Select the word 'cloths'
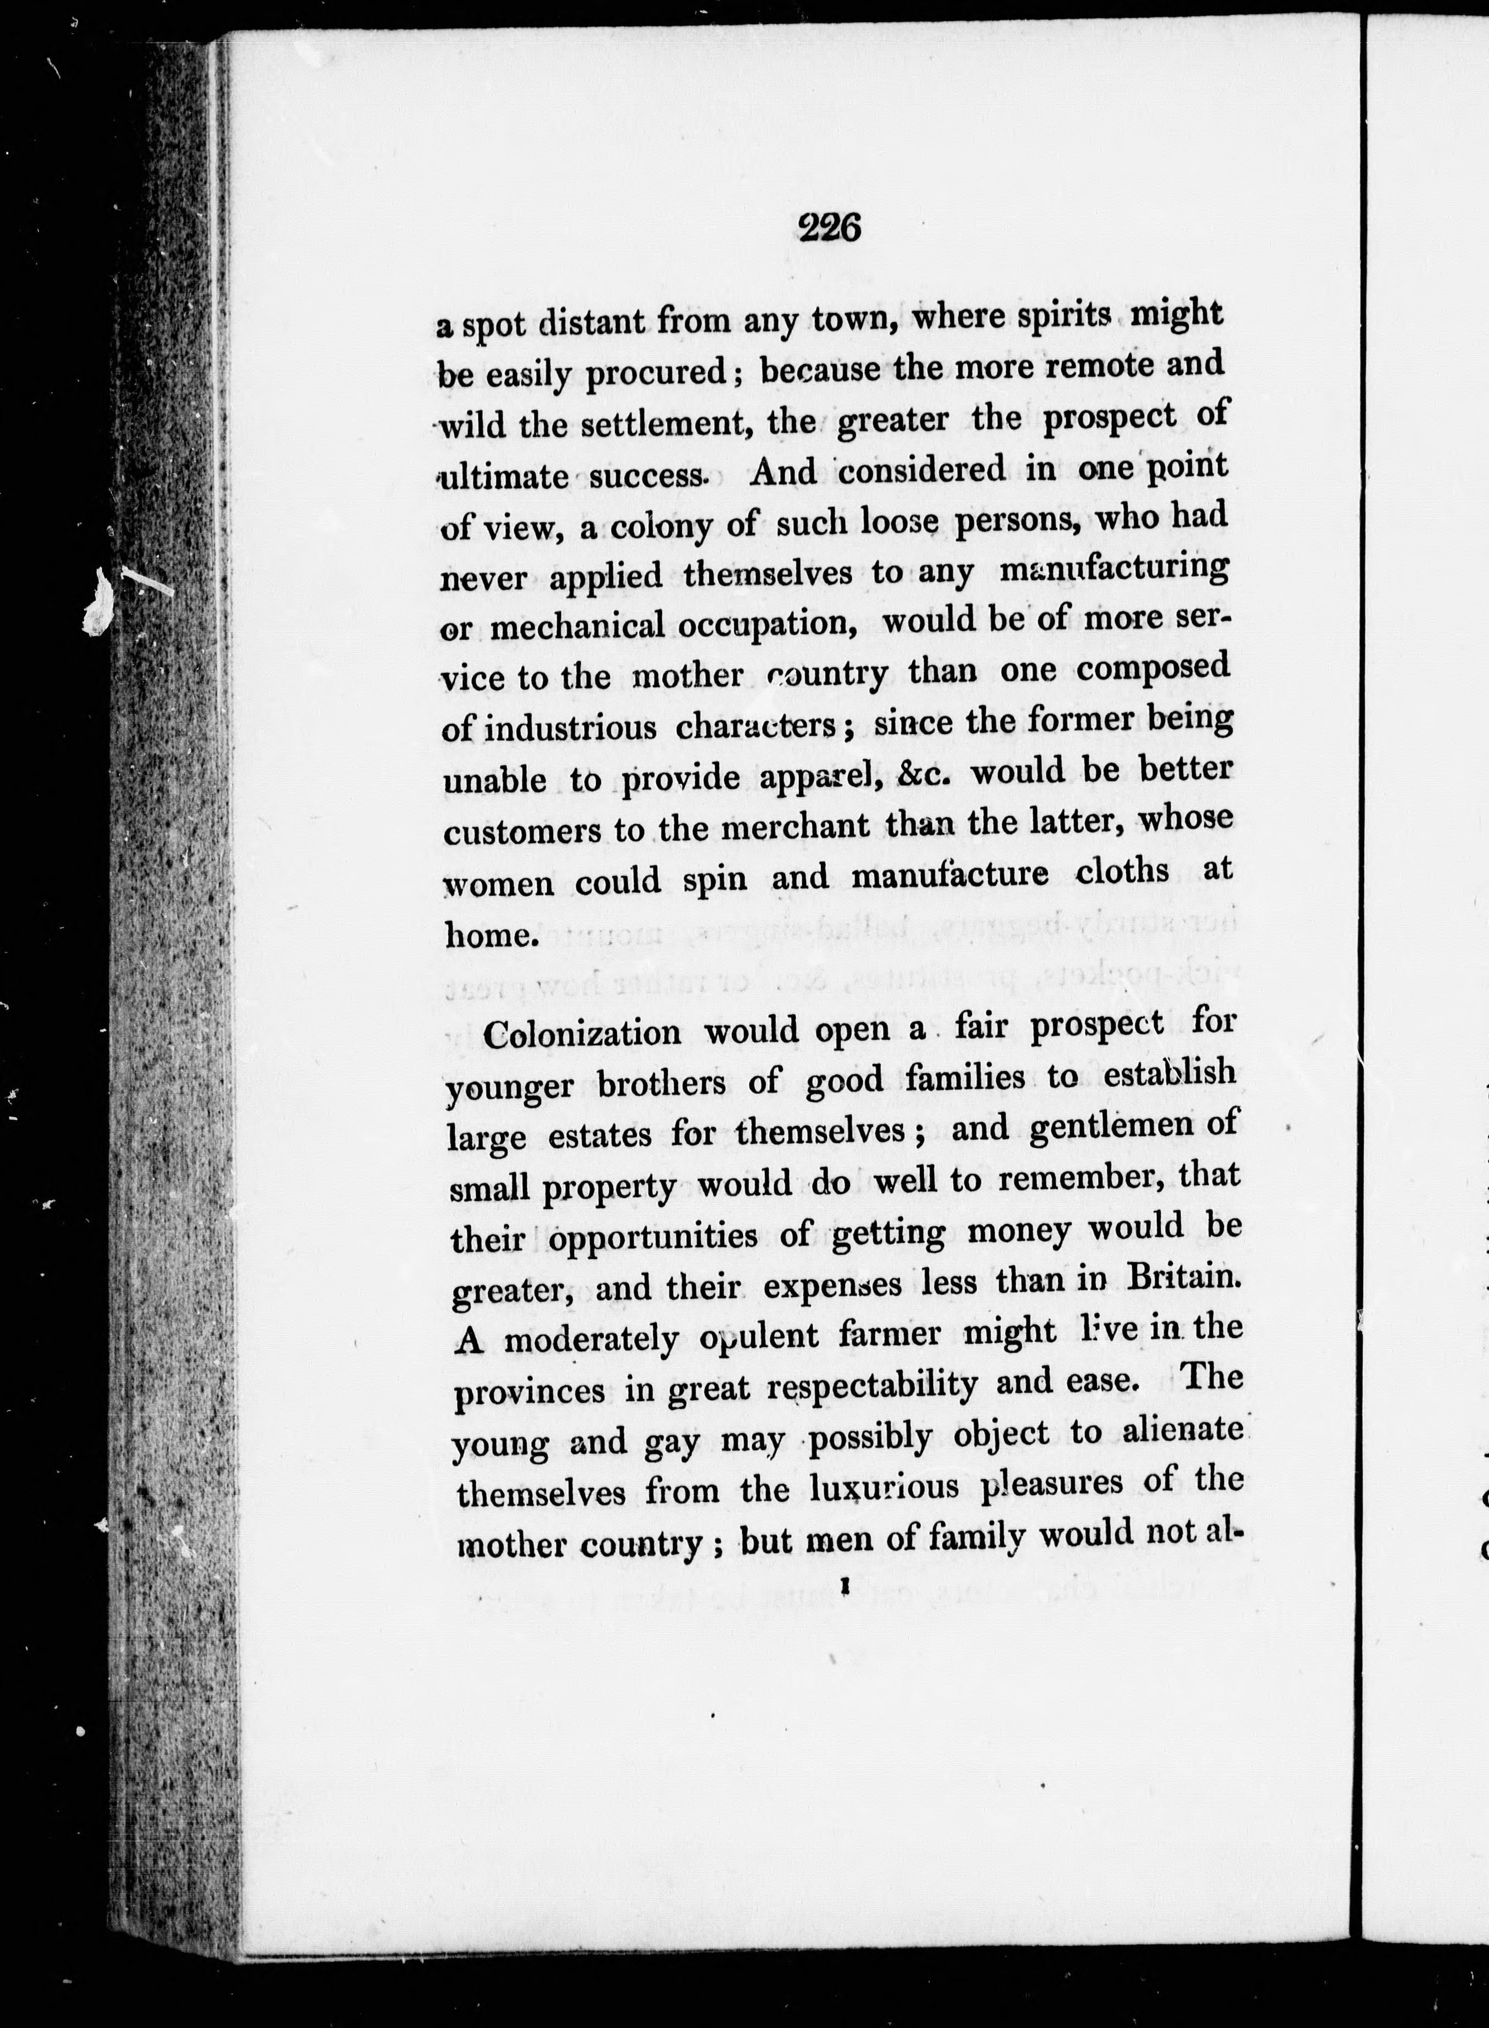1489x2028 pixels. (x=1122, y=873)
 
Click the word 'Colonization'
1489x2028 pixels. (x=582, y=1032)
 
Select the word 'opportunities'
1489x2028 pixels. (x=653, y=1236)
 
